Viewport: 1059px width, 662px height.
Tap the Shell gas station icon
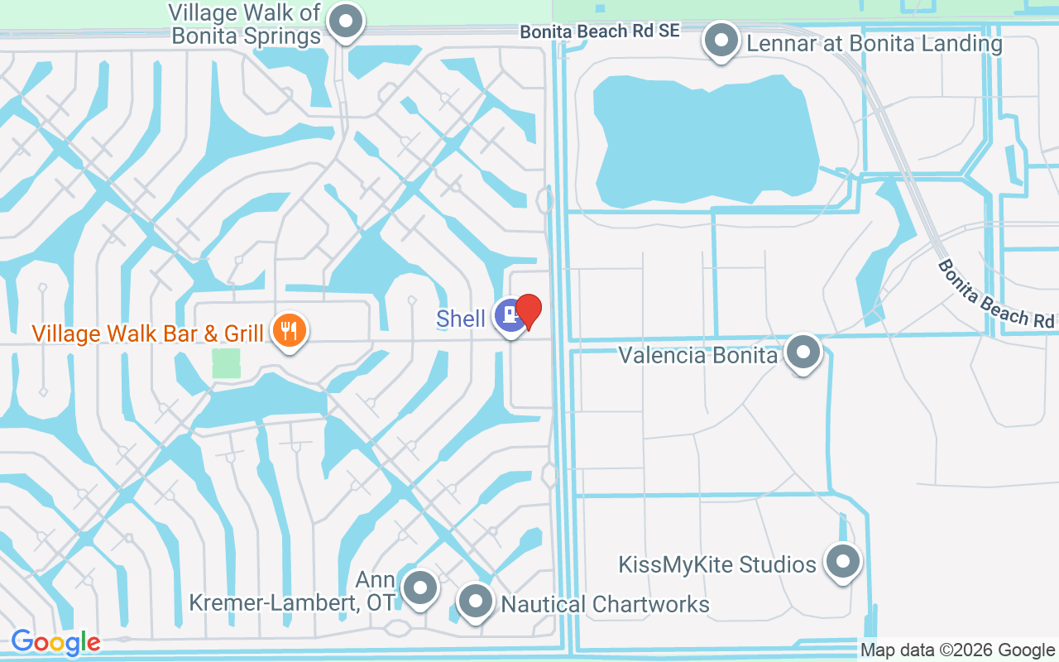510,316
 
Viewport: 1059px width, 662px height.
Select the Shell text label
461,319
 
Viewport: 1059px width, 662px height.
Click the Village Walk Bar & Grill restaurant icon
289,331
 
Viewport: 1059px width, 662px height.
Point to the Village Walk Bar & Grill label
147,333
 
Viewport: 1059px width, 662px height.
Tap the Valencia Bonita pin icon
803,353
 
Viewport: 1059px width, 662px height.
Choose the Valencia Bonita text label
698,355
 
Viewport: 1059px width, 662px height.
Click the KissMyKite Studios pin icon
843,562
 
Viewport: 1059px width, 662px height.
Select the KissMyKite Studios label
717,564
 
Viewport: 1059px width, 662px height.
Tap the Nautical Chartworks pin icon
476,602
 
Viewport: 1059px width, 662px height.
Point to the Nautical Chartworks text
606,604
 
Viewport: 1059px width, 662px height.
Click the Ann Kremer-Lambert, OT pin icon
420,588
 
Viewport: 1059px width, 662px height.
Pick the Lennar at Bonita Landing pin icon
721,40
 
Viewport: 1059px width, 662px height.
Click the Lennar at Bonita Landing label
875,43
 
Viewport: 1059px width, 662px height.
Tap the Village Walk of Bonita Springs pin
346,22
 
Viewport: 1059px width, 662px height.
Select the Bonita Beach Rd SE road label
600,31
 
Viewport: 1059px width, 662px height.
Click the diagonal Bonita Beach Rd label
996,294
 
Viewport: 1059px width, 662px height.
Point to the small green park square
226,363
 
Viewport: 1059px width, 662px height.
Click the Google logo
55,642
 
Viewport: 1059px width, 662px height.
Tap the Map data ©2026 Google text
957,650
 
